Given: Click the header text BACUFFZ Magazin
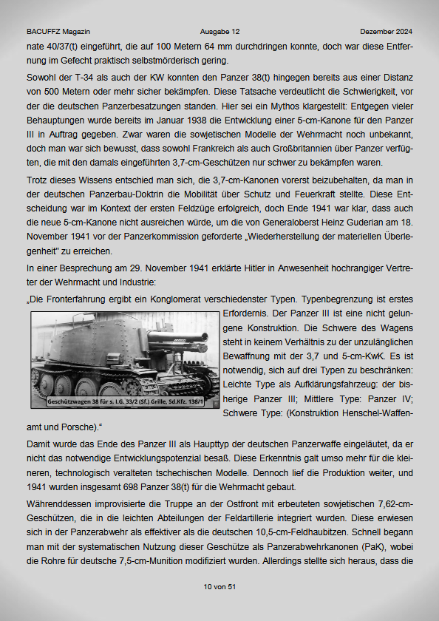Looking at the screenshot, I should click(58, 33).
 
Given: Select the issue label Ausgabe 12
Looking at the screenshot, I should click(219, 33).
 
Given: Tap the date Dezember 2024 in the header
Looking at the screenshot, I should click(387, 33).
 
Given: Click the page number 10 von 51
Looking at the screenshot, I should click(219, 586).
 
